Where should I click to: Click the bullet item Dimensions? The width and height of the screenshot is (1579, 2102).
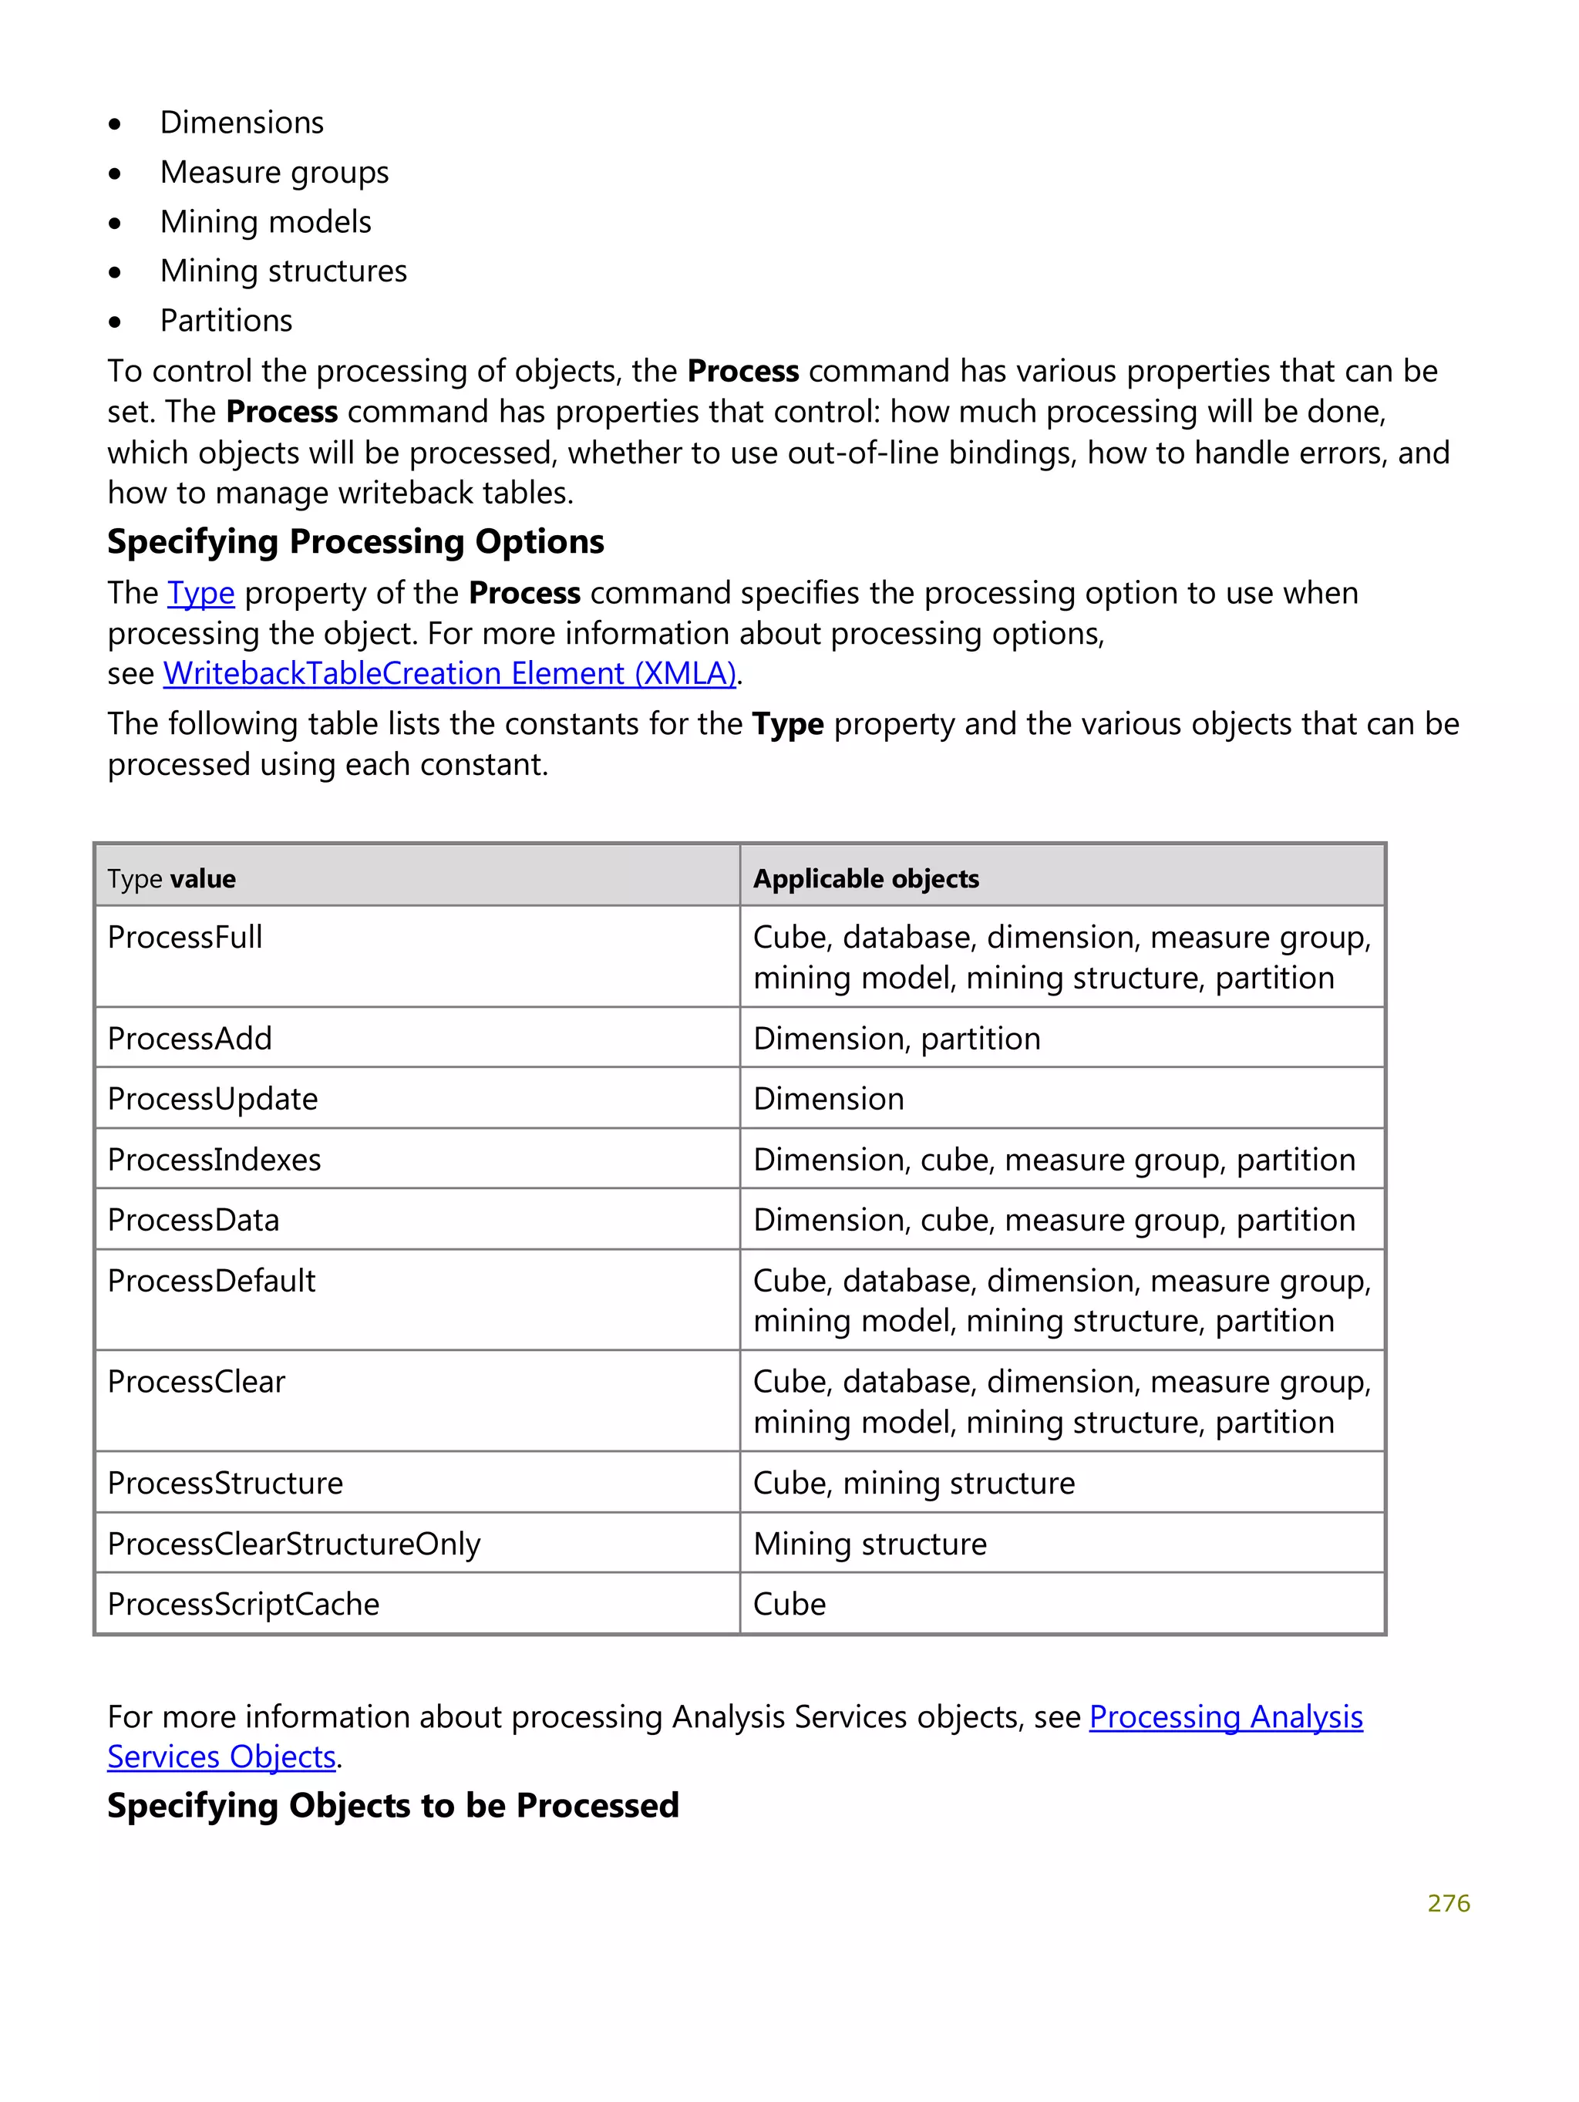click(x=241, y=123)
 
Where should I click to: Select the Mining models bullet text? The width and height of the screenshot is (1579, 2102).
click(x=265, y=221)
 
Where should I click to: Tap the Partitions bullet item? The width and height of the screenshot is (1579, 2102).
click(x=226, y=320)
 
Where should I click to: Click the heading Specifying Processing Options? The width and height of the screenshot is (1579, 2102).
click(x=355, y=541)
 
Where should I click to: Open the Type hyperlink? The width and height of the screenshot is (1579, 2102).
click(x=200, y=593)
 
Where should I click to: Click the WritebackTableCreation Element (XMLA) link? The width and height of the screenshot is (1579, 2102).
click(x=449, y=673)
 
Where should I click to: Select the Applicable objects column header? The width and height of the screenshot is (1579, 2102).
click(x=866, y=878)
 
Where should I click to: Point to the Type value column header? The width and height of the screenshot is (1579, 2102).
click(x=172, y=878)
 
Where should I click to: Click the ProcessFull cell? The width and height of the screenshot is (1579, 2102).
click(x=185, y=937)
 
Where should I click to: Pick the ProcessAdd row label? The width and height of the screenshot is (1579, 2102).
click(x=190, y=1038)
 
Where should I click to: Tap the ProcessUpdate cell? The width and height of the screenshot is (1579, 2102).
click(x=213, y=1099)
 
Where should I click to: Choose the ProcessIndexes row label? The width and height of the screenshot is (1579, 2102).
click(x=214, y=1159)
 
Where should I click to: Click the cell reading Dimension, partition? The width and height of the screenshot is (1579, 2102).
click(x=897, y=1038)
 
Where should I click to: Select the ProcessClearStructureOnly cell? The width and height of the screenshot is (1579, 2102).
click(x=294, y=1543)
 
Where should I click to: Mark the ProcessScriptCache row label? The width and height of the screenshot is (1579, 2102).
click(x=243, y=1604)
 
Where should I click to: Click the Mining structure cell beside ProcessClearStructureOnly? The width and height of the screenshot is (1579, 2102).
click(x=870, y=1543)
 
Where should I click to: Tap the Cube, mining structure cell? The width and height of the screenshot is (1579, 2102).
click(x=914, y=1482)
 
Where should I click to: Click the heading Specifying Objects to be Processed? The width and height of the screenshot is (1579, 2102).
click(x=393, y=1806)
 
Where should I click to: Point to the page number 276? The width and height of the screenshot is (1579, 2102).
click(x=1448, y=1903)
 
